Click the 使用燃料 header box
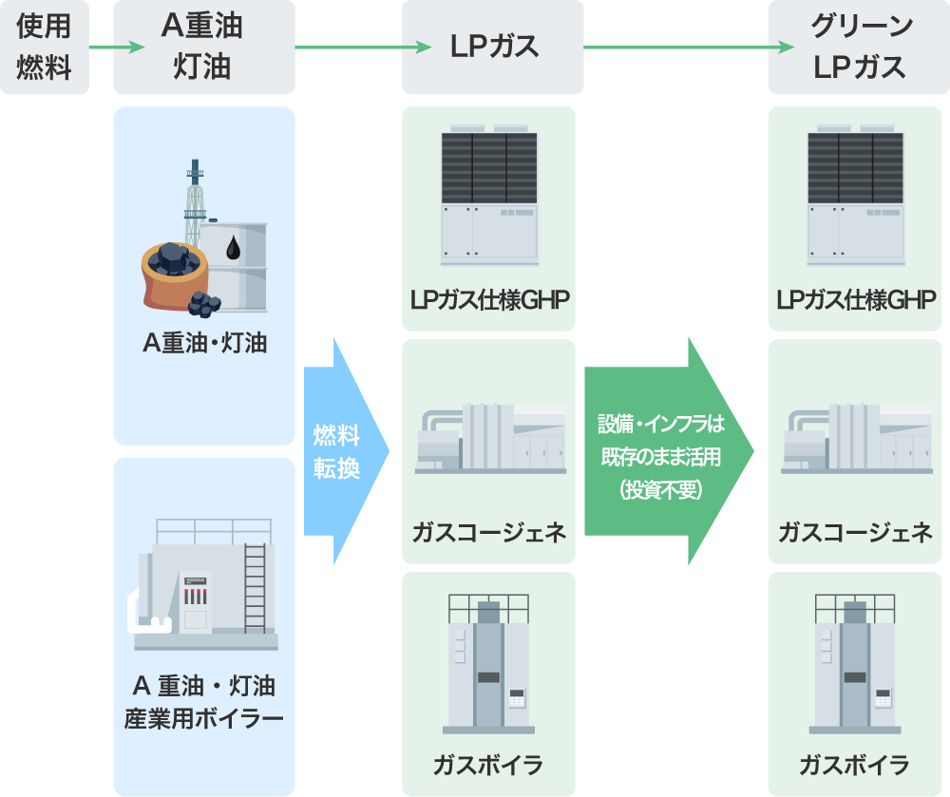click(45, 47)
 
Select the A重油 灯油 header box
click(203, 47)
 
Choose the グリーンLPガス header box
click(856, 47)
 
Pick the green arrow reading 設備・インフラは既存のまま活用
click(665, 451)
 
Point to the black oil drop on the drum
click(233, 249)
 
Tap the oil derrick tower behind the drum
click(195, 199)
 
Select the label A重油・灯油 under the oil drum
click(204, 343)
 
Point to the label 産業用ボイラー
click(204, 717)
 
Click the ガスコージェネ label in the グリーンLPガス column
click(856, 532)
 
